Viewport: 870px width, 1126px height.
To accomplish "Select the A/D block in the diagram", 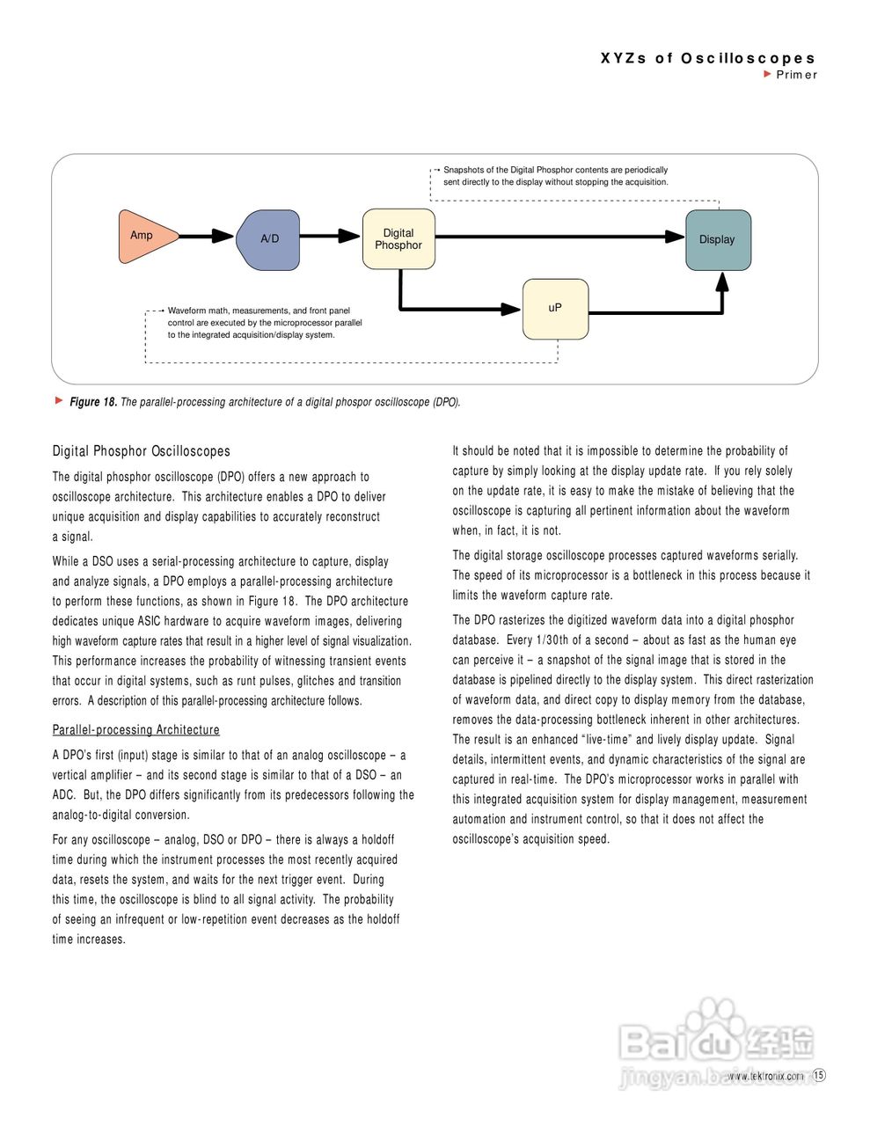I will (269, 239).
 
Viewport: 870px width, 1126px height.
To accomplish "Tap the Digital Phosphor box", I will (398, 239).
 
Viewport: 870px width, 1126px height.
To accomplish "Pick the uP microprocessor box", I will (555, 308).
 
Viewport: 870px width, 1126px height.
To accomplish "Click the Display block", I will (718, 239).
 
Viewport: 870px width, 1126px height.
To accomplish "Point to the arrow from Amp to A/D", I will (208, 236).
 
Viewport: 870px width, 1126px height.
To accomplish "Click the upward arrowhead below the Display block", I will (722, 281).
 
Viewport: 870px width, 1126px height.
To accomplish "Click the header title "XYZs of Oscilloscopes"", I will (708, 58).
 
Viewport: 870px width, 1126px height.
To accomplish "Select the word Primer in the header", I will (797, 75).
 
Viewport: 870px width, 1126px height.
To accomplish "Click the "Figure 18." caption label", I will (93, 402).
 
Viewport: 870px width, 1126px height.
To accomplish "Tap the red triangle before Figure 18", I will (60, 401).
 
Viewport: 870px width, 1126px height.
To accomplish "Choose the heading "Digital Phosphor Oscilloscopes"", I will (141, 451).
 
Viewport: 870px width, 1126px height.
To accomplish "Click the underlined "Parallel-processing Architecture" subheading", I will (135, 730).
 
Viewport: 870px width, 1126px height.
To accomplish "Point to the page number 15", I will (819, 1075).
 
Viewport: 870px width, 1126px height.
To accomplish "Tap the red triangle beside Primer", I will (768, 74).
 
